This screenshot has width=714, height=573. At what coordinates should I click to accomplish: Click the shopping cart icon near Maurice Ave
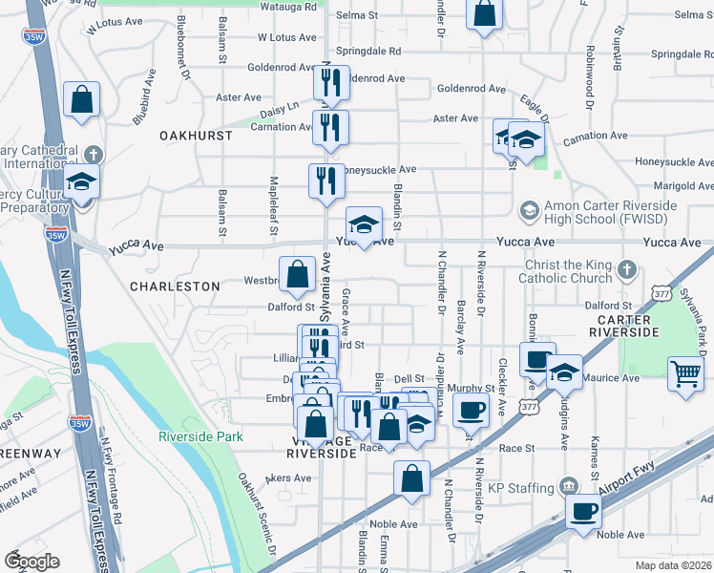[686, 374]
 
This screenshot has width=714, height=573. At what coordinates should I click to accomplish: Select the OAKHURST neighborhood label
[196, 136]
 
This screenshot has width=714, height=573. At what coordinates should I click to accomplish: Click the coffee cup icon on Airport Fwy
[582, 511]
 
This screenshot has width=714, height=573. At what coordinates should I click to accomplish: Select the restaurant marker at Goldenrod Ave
[331, 83]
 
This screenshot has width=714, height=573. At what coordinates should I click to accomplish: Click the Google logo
[31, 561]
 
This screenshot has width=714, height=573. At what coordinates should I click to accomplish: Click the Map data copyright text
[673, 565]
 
